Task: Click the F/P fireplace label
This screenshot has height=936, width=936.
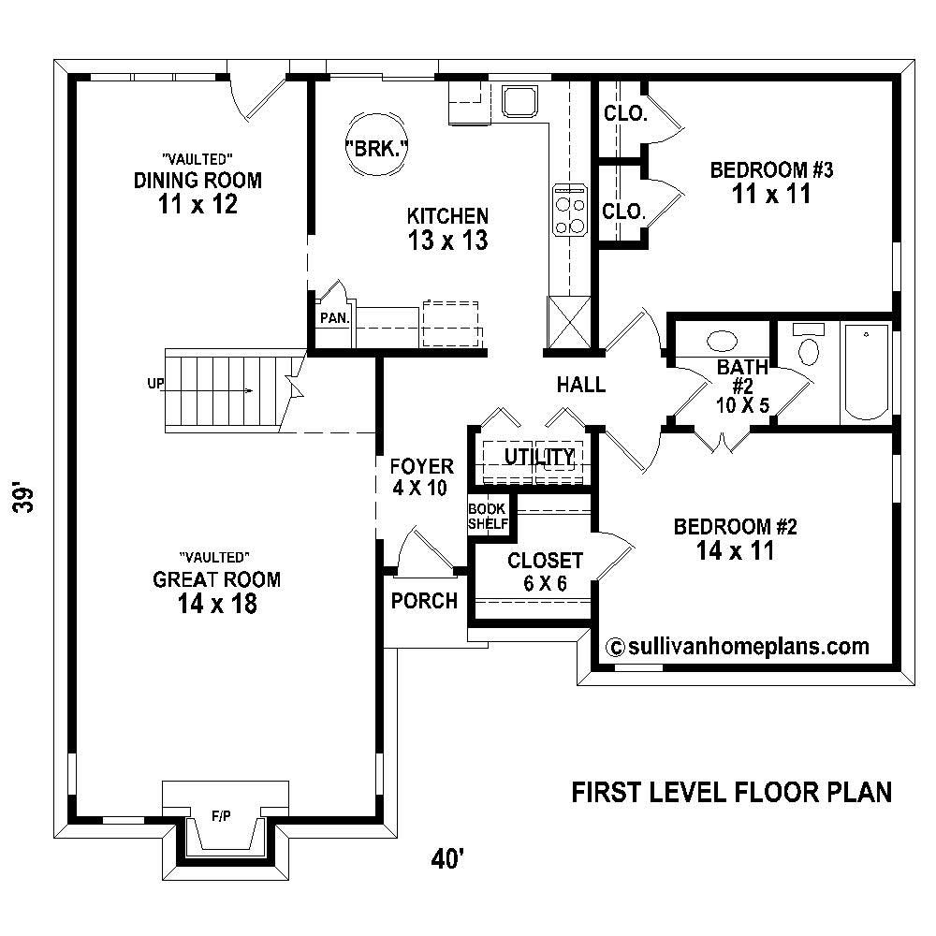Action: (x=222, y=816)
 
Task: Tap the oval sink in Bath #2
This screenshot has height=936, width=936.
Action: (x=722, y=341)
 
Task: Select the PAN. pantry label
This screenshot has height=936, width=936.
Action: (x=334, y=317)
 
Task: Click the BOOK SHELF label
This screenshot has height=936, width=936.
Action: (x=487, y=516)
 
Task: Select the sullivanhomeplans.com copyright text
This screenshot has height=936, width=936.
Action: (x=739, y=646)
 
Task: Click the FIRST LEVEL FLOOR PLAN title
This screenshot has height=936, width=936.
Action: (x=731, y=792)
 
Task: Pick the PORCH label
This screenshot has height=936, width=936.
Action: (x=424, y=601)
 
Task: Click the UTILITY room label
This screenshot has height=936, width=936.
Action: (x=539, y=457)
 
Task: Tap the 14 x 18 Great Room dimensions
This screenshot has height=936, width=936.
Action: (x=216, y=606)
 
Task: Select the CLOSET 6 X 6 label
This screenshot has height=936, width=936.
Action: (x=545, y=570)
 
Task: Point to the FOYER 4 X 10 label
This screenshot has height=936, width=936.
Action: (x=421, y=475)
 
